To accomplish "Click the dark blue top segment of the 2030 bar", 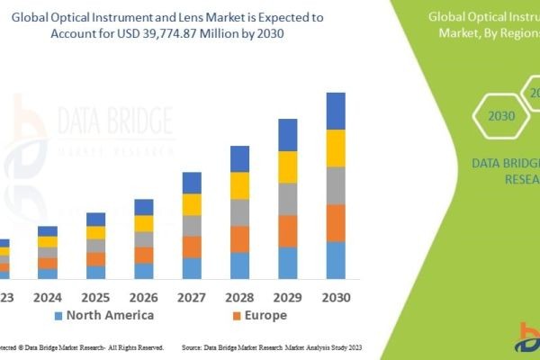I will pyautogui.click(x=336, y=111).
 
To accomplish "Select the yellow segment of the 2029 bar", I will pyautogui.click(x=287, y=166).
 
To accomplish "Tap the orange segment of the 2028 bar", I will pyautogui.click(x=239, y=238).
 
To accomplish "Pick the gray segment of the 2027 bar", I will pyautogui.click(x=192, y=225).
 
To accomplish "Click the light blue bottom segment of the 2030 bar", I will pyautogui.click(x=336, y=260).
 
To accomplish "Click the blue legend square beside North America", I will pyautogui.click(x=58, y=316).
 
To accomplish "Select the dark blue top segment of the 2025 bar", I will pyautogui.click(x=95, y=219).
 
